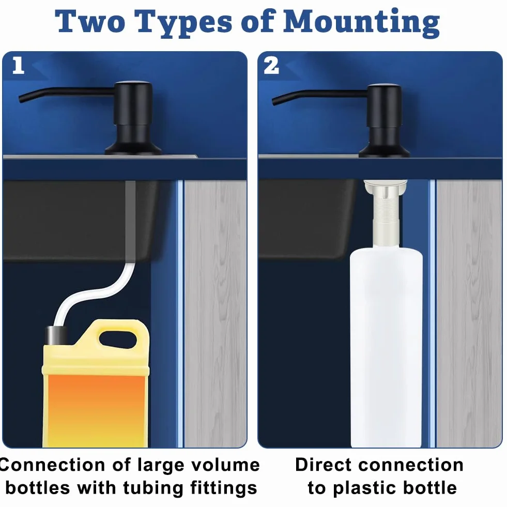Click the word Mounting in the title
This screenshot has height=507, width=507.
click(x=361, y=23)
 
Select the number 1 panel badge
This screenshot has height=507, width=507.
click(x=19, y=65)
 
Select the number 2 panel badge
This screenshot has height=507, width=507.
click(x=271, y=66)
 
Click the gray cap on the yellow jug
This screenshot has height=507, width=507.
click(x=56, y=335)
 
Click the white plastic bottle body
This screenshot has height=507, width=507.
click(x=387, y=348)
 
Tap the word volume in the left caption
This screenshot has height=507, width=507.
click(x=225, y=465)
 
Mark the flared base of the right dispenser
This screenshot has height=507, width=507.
click(x=384, y=150)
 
